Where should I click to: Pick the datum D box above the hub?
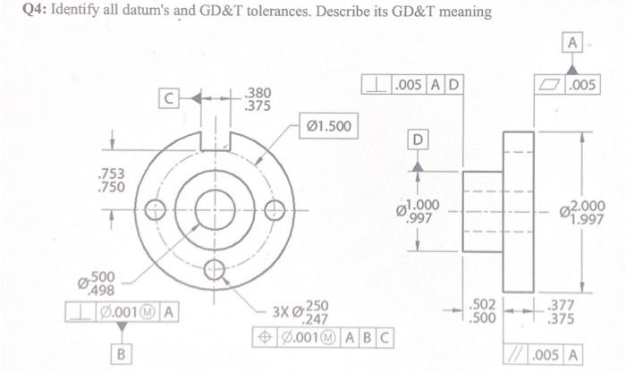(x=417, y=139)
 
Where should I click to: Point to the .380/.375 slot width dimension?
(x=257, y=97)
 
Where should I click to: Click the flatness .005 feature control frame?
(x=573, y=85)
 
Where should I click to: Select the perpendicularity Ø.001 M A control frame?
(x=123, y=312)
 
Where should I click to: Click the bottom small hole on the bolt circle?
(x=215, y=267)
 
